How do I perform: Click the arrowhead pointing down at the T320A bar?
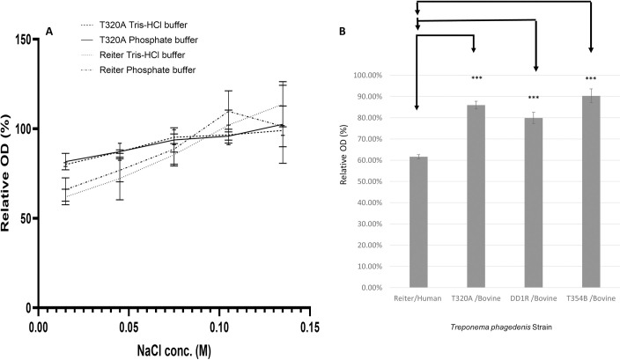[x=475, y=50]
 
